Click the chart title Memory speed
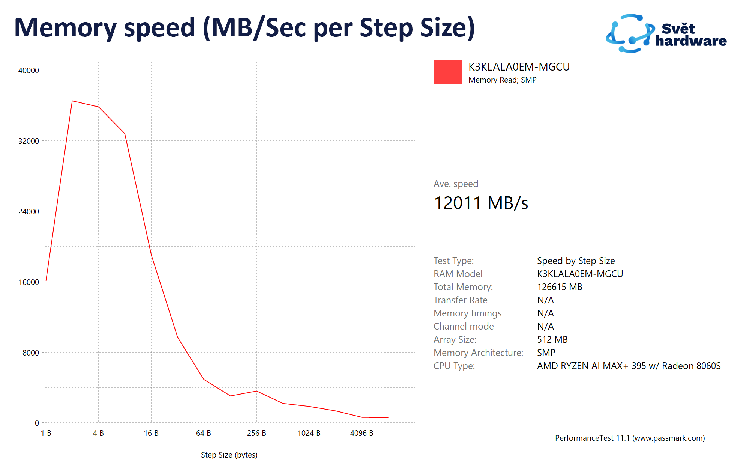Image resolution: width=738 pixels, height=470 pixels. tap(244, 28)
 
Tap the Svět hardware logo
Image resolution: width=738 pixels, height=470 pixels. tap(666, 34)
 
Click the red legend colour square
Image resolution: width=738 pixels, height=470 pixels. tap(447, 72)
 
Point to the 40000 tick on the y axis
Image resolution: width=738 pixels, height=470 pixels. tap(28, 71)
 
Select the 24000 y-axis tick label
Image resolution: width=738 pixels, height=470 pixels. tap(28, 212)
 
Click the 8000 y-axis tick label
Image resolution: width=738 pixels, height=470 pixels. tap(30, 353)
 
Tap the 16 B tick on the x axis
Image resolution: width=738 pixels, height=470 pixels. tap(151, 433)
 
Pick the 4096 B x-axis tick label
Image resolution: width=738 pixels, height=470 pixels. tap(361, 433)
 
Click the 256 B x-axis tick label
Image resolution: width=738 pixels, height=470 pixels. tap(256, 433)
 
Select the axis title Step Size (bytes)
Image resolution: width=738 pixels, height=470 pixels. tap(229, 455)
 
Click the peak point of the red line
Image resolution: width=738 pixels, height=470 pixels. tap(72, 101)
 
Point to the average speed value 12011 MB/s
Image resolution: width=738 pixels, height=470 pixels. tap(481, 203)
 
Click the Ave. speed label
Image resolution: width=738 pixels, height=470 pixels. tap(456, 184)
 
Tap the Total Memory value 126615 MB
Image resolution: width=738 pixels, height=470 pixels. tap(559, 287)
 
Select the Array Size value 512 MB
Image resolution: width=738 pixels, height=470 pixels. tap(552, 340)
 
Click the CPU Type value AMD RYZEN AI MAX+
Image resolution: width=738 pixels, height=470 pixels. tap(628, 366)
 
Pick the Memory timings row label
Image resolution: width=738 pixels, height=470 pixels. tap(467, 313)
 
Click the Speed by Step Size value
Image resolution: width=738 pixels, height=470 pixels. tap(576, 261)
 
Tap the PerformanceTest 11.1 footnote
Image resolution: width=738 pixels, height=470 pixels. tap(630, 438)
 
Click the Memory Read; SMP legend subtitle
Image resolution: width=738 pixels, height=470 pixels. tap(502, 80)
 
